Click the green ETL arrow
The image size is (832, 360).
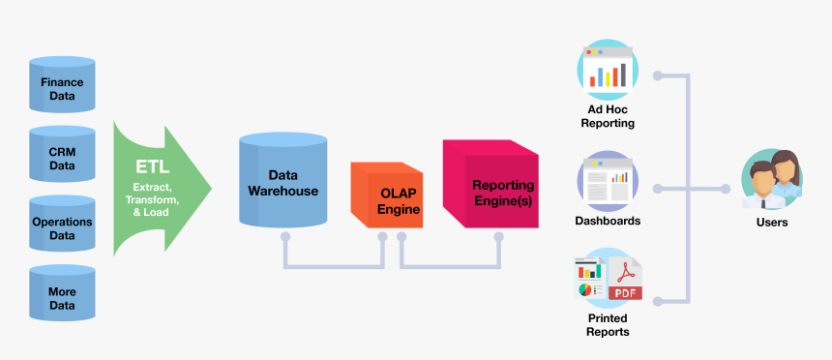(160, 188)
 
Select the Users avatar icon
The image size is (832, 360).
(771, 180)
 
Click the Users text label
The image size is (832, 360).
(772, 223)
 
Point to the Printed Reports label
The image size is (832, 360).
(608, 325)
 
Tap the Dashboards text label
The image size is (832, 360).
(608, 221)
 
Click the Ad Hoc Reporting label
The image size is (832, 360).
(608, 117)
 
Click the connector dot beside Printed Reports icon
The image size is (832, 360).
(658, 301)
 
